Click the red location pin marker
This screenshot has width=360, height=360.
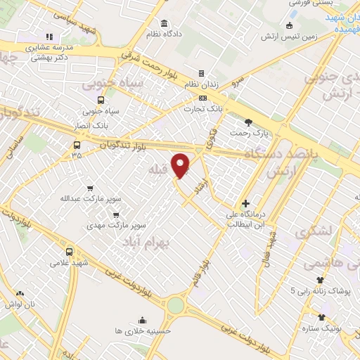point(181,165)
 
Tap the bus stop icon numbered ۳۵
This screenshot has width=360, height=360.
point(76,146)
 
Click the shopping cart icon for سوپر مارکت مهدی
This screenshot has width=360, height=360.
point(116,215)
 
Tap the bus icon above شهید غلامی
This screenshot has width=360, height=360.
point(68,251)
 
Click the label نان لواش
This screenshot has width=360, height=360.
point(20,304)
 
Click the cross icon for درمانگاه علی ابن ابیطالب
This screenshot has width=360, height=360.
point(244,203)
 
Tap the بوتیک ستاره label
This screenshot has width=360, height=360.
point(321,328)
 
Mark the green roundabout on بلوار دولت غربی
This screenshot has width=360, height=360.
point(174,304)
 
